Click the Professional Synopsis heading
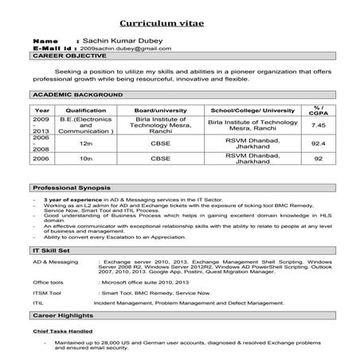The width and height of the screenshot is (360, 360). coord(70,187)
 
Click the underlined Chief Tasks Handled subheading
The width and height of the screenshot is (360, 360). coord(61,330)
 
